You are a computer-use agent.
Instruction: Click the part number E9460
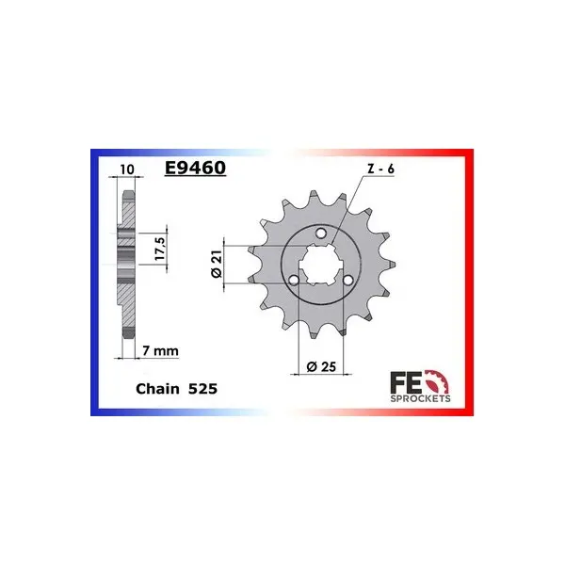point(195,168)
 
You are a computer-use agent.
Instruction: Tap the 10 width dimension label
point(127,169)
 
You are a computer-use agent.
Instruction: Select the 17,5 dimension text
point(160,249)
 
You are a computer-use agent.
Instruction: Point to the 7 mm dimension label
point(160,350)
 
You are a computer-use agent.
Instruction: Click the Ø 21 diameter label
point(218,264)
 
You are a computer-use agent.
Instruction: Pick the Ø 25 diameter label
point(321,366)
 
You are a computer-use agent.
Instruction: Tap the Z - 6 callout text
point(380,169)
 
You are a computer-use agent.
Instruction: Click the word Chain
point(157,389)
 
